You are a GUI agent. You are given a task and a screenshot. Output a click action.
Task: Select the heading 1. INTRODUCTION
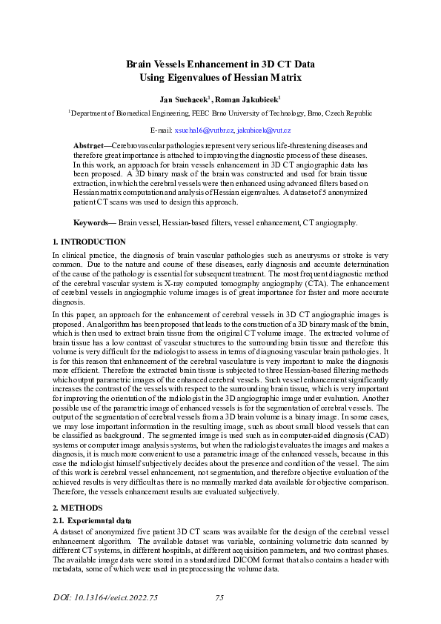(x=89, y=242)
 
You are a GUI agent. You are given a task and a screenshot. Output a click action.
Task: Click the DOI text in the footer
(x=106, y=597)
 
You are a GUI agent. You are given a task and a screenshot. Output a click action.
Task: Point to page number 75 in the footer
(x=219, y=597)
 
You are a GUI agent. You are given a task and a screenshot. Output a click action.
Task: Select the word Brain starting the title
(x=141, y=64)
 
